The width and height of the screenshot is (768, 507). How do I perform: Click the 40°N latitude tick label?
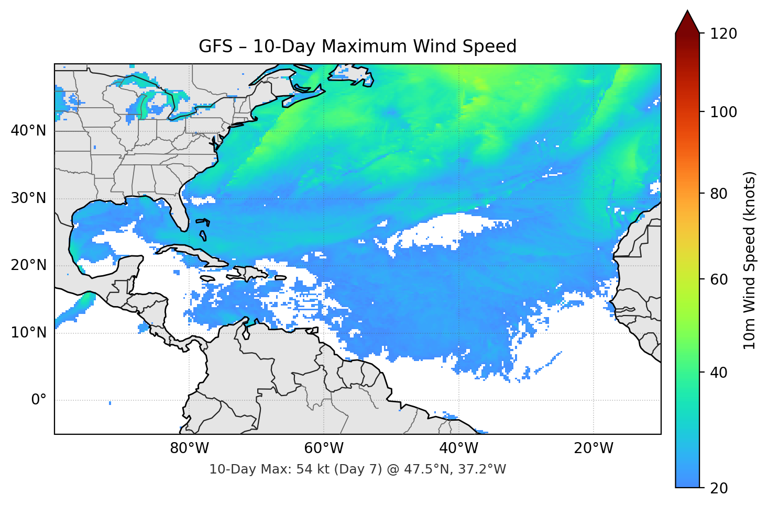[x=28, y=130]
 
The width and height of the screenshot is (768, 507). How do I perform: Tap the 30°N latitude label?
[x=28, y=198]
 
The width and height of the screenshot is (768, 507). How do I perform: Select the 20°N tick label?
[x=28, y=265]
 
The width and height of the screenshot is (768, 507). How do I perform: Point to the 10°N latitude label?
[x=28, y=333]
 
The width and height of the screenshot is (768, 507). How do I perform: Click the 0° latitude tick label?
[x=39, y=400]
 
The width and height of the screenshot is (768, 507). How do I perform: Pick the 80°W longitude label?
[x=189, y=448]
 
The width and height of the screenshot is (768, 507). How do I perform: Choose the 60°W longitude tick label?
[x=324, y=448]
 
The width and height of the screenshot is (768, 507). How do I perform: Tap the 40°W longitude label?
[x=458, y=448]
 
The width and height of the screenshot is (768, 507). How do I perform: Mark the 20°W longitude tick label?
[x=593, y=448]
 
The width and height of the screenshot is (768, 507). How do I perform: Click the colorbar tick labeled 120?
[x=723, y=33]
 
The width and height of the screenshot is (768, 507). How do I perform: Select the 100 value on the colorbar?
[x=723, y=112]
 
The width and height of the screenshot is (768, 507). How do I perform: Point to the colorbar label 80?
[x=719, y=194]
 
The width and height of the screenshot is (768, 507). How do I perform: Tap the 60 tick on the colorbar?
[x=719, y=279]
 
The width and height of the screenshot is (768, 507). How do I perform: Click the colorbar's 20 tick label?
[x=719, y=488]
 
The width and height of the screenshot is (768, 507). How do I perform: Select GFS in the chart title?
[x=215, y=47]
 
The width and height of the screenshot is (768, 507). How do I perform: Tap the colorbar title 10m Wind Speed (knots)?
[x=750, y=261]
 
